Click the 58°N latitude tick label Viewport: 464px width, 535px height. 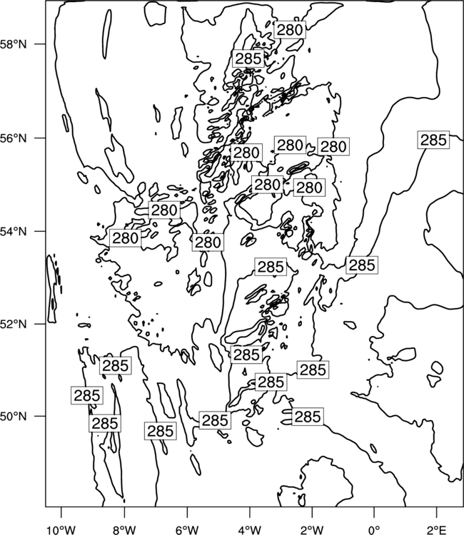tap(13, 44)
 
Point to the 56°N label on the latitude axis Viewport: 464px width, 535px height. tap(13, 138)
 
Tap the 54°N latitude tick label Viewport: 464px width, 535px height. tap(13, 231)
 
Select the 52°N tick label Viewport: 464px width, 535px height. tap(13, 324)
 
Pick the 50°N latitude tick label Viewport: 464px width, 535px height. tap(13, 417)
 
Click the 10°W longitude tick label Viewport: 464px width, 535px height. tap(61, 530)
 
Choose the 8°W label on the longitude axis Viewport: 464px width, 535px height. tap(124, 530)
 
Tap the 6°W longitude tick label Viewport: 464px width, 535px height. tap(187, 530)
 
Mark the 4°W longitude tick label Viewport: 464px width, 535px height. tap(249, 530)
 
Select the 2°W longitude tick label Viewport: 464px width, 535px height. tap(312, 530)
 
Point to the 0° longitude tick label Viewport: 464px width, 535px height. tap(374, 530)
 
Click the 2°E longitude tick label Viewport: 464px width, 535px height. tap(437, 530)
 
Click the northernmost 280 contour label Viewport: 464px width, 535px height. tap(290, 30)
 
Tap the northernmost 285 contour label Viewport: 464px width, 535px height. tap(248, 58)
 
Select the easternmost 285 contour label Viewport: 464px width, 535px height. tap(433, 140)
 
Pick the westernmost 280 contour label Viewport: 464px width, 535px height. tap(126, 238)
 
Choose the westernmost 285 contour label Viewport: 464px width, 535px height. tap(87, 395)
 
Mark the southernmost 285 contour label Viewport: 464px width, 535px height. tap(160, 431)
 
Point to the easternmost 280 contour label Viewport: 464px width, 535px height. tap(333, 147)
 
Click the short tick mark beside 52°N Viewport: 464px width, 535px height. tap(40, 324)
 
